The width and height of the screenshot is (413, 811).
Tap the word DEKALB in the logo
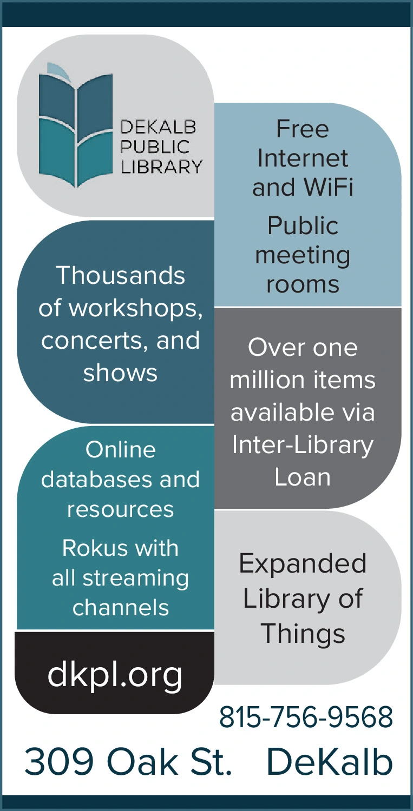click(x=158, y=128)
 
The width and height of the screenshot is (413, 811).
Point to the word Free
click(x=303, y=129)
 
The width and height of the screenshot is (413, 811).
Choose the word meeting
click(x=303, y=255)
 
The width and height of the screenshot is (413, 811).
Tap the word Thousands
click(x=120, y=275)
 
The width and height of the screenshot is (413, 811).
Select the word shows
click(x=120, y=373)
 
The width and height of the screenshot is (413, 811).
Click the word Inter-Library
click(x=303, y=445)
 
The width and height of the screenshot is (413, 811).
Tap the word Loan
click(x=303, y=477)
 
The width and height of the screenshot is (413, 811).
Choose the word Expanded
click(x=303, y=564)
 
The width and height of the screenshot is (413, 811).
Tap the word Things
click(x=303, y=633)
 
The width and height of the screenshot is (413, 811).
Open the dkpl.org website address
click(x=115, y=674)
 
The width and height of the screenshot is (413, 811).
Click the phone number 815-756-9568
click(x=306, y=717)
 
